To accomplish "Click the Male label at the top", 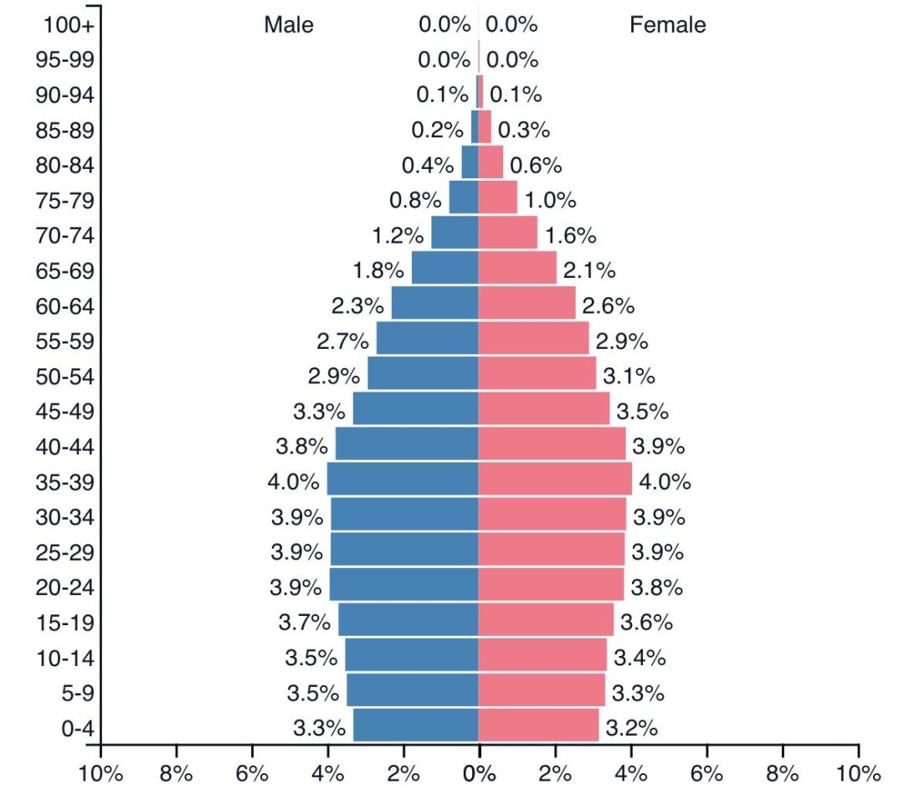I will tap(289, 25).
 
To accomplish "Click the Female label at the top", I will tap(667, 25).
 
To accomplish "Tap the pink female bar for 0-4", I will tap(538, 725).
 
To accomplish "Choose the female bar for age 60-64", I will tap(526, 303).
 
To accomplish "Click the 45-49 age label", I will tap(65, 412).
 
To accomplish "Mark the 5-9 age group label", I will tap(77, 693).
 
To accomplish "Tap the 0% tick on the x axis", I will tap(479, 773).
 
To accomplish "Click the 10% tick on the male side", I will tap(100, 773).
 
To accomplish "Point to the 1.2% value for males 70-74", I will tap(398, 236).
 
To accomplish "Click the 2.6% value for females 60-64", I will tap(608, 306).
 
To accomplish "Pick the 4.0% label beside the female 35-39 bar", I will tap(665, 482).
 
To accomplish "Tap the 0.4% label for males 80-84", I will tap(428, 166).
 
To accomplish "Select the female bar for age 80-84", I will tap(491, 162).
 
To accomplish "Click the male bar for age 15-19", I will tap(408, 619).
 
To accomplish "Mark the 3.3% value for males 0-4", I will tap(319, 728).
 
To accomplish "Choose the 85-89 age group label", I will tap(65, 131).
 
